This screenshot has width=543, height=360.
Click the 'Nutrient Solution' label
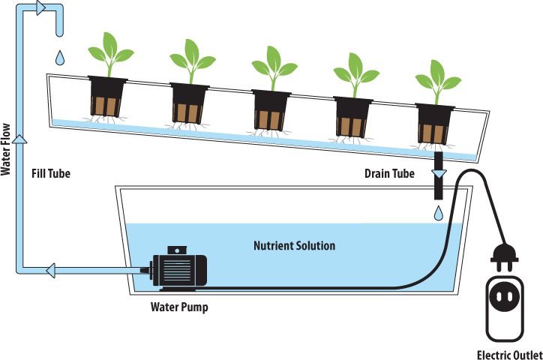294,246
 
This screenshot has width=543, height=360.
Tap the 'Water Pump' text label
179,306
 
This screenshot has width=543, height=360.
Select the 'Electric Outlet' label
510,353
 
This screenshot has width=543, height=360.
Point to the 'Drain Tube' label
388,174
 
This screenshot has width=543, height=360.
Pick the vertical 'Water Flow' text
6,150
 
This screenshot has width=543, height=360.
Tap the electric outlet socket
505,297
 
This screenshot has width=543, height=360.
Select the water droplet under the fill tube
59,57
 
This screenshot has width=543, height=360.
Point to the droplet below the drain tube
438,214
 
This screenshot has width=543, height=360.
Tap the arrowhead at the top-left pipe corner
40,7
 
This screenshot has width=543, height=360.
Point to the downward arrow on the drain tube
439,173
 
